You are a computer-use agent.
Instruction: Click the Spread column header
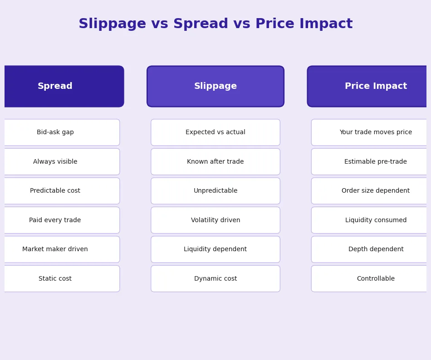(x=55, y=86)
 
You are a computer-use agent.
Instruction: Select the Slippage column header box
(x=215, y=86)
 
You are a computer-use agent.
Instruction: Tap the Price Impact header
(x=376, y=86)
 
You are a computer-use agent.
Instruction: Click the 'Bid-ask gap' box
(x=55, y=132)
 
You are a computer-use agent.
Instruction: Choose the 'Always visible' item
(x=55, y=162)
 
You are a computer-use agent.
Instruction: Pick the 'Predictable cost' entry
(x=55, y=191)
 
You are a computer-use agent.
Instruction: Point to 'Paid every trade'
(x=55, y=220)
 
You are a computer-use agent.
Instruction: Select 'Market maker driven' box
(x=55, y=249)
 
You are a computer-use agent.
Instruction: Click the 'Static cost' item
(x=55, y=279)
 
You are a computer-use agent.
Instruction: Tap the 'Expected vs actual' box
(x=215, y=132)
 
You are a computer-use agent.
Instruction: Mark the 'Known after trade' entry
(x=215, y=162)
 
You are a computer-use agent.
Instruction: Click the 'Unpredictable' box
(x=215, y=191)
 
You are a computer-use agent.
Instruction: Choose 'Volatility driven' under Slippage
(x=215, y=220)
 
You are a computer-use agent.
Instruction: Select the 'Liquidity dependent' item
(x=215, y=249)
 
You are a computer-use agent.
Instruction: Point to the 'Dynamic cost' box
(x=215, y=279)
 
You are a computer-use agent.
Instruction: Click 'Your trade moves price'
(x=376, y=132)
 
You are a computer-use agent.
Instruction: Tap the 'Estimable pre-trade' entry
(x=376, y=162)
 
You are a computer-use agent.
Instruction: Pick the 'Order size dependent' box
(x=376, y=191)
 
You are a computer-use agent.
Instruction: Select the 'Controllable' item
(x=376, y=279)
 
